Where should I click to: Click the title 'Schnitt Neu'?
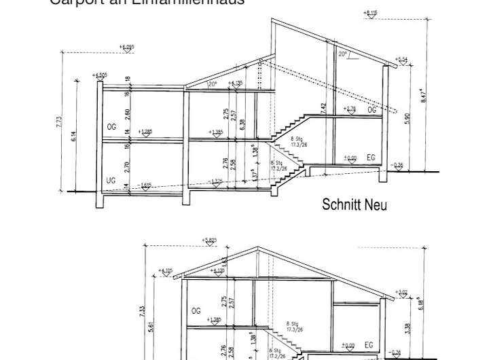[355, 204]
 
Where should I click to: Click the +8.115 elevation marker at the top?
[371, 13]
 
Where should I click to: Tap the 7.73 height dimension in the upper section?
[60, 122]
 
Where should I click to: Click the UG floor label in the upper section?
[111, 180]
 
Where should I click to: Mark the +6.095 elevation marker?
[126, 48]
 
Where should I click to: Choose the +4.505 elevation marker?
[101, 75]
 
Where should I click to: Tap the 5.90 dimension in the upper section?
[407, 118]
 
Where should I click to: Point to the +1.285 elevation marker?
[145, 132]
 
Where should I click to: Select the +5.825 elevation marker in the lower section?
[210, 240]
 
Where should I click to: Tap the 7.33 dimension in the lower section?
[142, 312]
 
